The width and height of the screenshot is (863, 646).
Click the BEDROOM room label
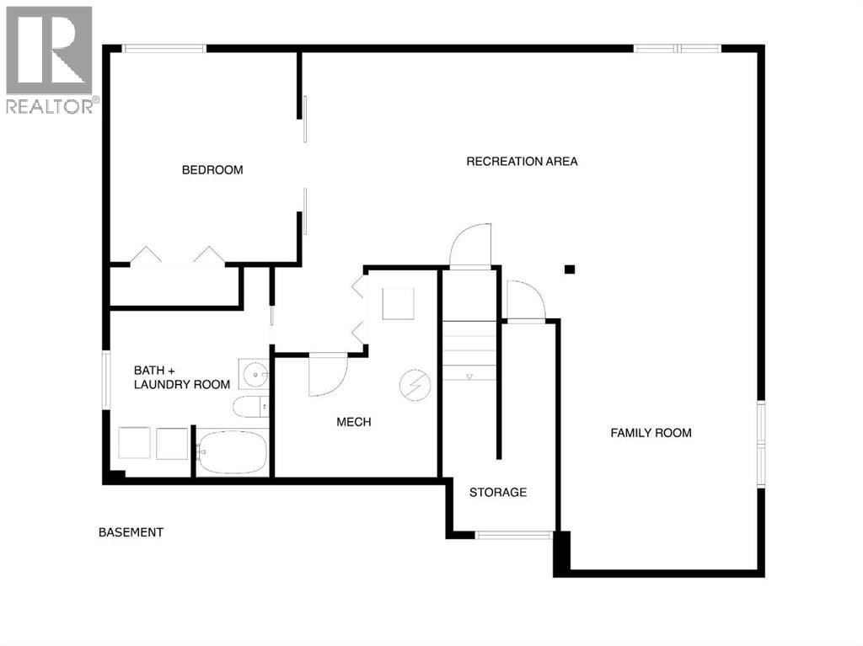tap(212, 170)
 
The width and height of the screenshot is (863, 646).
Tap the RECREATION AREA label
tap(522, 161)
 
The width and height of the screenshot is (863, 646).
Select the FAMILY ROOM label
tap(651, 433)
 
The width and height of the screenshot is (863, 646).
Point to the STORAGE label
tap(498, 492)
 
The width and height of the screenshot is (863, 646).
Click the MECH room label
tap(354, 422)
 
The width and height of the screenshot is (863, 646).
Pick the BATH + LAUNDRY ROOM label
tap(182, 377)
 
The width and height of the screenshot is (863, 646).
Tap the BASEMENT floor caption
tap(131, 532)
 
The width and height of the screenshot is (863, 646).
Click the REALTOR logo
tap(50, 59)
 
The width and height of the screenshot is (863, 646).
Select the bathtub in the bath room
tap(232, 453)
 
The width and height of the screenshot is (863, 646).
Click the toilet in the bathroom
tap(249, 407)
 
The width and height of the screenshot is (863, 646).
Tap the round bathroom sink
tap(253, 371)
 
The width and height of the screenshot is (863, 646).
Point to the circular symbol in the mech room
tap(414, 385)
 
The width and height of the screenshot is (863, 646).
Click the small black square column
tap(570, 270)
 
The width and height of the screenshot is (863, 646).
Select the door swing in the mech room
tap(327, 376)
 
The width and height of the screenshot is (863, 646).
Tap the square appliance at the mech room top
tap(398, 304)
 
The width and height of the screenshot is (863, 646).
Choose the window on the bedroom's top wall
tap(164, 48)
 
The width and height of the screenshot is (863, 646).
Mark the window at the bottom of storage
tap(513, 534)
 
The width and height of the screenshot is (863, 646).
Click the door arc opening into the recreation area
tap(470, 246)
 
